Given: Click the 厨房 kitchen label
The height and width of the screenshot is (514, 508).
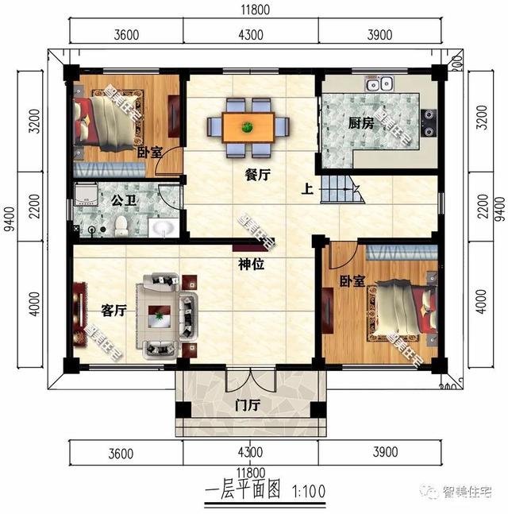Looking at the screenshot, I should coord(360,123).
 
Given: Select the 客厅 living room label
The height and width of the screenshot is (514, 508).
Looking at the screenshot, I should coord(113,311).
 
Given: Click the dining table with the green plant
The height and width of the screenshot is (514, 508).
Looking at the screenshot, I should coord(248,126).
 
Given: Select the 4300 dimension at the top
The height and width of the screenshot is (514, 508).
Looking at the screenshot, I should coord(250,34).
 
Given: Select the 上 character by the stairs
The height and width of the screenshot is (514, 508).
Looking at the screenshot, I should coord(306,190).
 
